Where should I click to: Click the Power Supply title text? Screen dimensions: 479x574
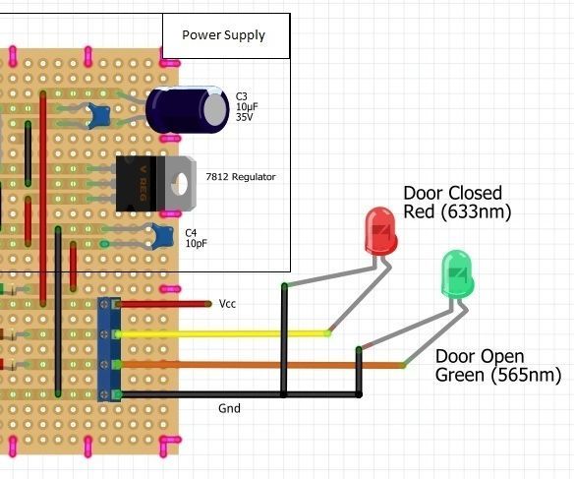(223, 35)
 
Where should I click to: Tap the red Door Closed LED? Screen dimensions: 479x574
(378, 229)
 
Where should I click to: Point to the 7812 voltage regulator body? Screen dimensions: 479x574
(138, 183)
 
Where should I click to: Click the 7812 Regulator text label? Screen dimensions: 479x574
(241, 177)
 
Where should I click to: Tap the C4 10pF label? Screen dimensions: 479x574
(197, 237)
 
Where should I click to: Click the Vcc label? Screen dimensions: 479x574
(228, 305)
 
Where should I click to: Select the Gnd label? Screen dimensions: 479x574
(229, 406)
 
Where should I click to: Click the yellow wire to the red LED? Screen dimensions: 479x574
(226, 333)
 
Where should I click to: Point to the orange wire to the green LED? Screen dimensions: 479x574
(256, 365)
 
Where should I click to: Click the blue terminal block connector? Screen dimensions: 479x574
(108, 349)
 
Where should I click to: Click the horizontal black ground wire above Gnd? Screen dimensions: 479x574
(236, 395)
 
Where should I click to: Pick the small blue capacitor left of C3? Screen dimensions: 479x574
(96, 117)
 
